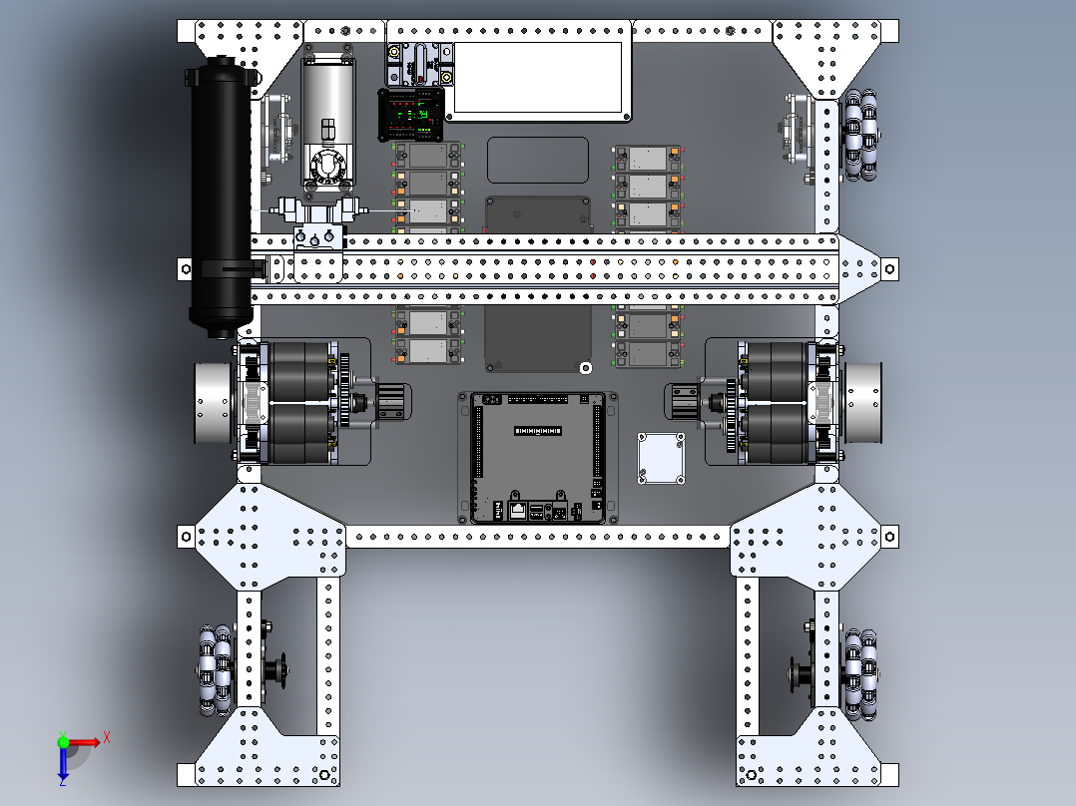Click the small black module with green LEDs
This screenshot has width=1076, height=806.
(411, 114)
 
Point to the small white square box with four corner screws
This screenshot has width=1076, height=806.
(661, 459)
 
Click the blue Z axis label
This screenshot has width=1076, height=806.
(62, 781)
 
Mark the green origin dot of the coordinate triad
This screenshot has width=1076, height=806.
(63, 741)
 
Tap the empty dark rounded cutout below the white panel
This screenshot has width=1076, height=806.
(538, 160)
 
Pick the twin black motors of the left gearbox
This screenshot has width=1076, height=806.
(298, 403)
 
